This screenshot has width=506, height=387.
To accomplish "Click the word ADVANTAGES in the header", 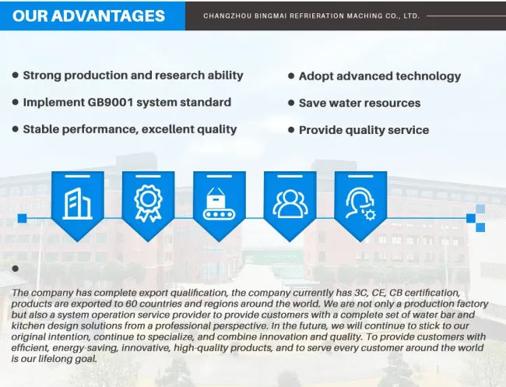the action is click(x=107, y=16).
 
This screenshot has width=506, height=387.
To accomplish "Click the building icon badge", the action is click(x=77, y=206).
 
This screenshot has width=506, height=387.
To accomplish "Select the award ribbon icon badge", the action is click(x=148, y=206).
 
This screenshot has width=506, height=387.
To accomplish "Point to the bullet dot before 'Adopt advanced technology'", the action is click(x=291, y=76).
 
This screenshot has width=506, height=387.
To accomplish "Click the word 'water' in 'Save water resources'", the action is click(x=338, y=103).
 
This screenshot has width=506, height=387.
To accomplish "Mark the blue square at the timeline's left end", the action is click(x=22, y=219).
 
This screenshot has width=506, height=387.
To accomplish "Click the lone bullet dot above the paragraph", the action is click(x=15, y=269).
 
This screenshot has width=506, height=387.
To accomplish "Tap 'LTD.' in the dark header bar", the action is click(x=411, y=16).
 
